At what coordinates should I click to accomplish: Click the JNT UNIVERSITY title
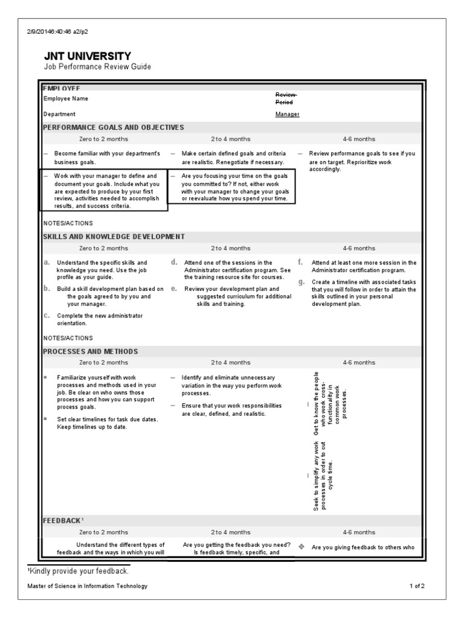point(87,56)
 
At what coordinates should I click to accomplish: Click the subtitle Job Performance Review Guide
point(97,67)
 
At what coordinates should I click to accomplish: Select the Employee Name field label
point(66,98)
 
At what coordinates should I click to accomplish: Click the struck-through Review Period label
point(286,98)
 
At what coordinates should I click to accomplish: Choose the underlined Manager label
point(287,114)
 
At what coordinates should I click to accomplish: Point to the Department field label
point(59,114)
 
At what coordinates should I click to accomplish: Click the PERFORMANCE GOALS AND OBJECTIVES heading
point(114,127)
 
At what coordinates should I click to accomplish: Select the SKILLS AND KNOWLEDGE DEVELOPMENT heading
point(114,237)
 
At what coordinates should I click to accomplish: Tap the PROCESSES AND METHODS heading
point(91,351)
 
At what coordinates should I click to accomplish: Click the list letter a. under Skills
point(47,263)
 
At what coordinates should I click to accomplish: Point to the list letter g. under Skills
point(301,282)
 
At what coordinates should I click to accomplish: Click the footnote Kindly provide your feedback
point(78,571)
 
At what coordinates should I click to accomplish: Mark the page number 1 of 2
point(417,586)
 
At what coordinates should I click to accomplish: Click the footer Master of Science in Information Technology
point(87,586)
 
